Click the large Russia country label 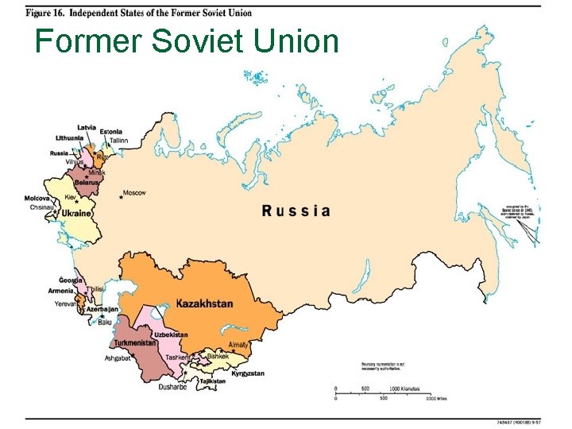(x=296, y=211)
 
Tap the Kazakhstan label (x=204, y=303)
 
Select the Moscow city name (x=135, y=194)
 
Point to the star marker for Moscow (x=121, y=196)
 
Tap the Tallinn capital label (x=118, y=141)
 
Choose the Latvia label (x=87, y=127)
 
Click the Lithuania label (x=69, y=137)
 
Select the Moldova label (x=37, y=198)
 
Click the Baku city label (x=105, y=322)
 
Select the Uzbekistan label (x=171, y=334)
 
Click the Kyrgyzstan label (x=248, y=373)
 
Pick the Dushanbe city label (x=172, y=387)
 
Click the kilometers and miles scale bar (x=382, y=393)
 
